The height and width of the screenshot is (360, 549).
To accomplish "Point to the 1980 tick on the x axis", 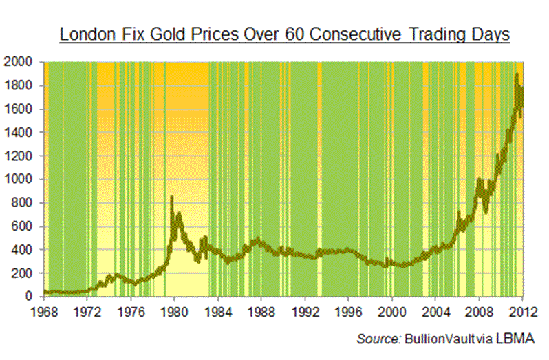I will [175, 310].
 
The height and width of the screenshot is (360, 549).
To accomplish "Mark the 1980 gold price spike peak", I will [171, 198].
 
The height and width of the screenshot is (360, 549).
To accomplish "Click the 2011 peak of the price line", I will [516, 74].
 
